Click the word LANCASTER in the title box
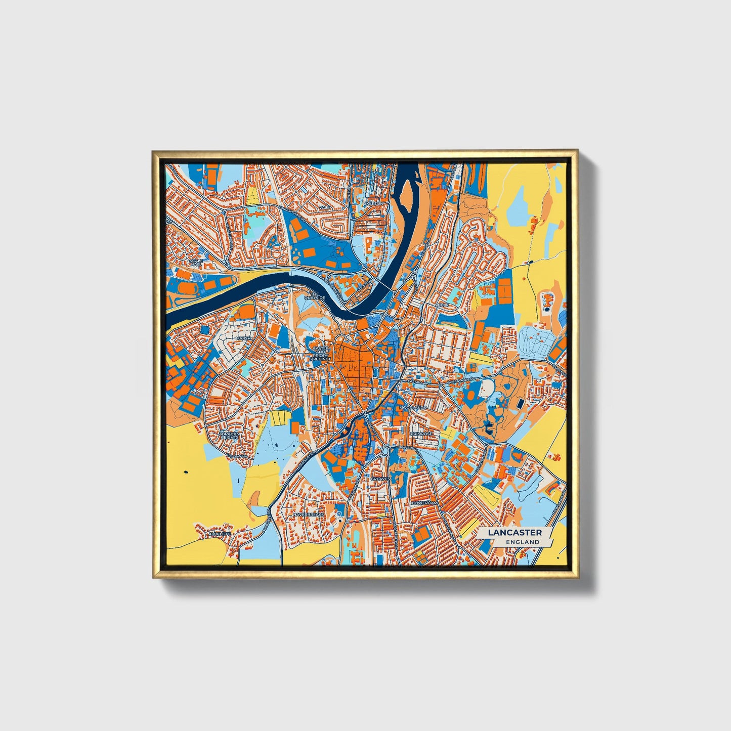(x=514, y=532)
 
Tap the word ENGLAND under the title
(x=522, y=542)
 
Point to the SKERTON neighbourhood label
(x=374, y=203)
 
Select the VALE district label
(x=324, y=207)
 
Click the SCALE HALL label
(x=195, y=262)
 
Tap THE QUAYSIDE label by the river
(x=314, y=296)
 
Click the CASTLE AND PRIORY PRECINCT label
(x=321, y=354)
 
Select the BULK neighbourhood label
(x=443, y=306)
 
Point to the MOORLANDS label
(x=413, y=407)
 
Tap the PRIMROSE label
(x=421, y=434)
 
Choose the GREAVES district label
(x=380, y=478)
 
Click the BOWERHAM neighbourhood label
(x=424, y=503)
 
